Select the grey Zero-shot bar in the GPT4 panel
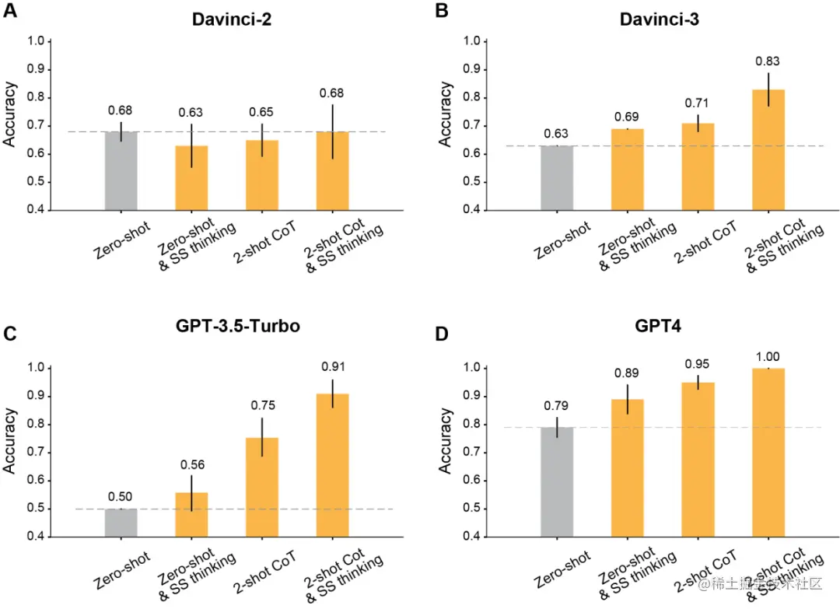tap(556, 481)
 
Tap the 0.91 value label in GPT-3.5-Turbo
tap(332, 366)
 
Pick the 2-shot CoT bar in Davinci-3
tap(698, 166)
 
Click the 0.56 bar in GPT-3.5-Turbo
tap(191, 514)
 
